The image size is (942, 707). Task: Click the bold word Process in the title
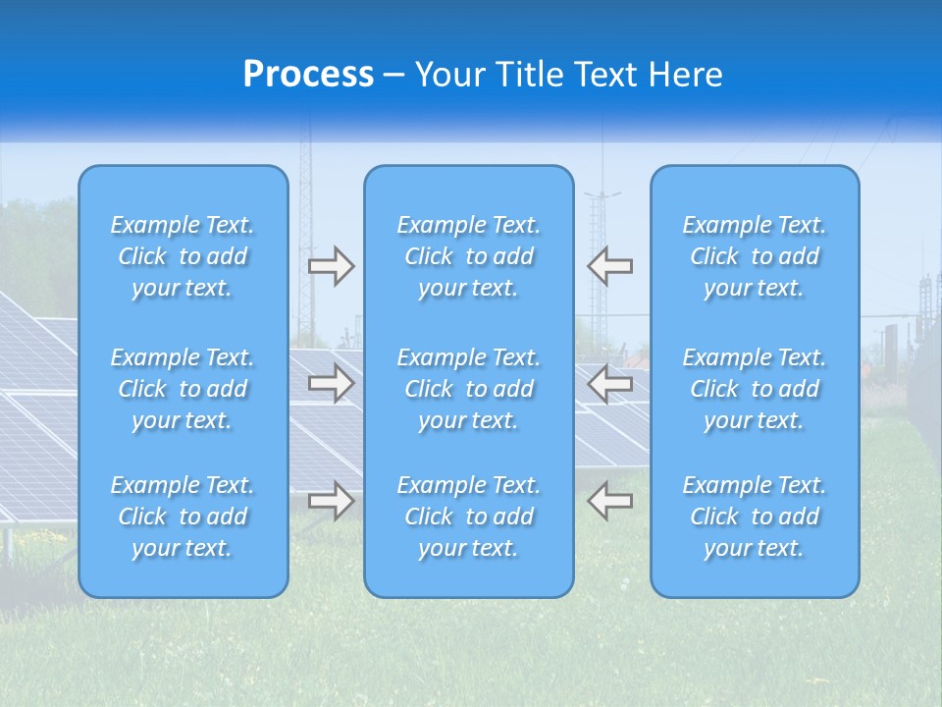coord(308,75)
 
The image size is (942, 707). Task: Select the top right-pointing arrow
coord(331,266)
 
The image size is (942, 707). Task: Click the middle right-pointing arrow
coord(331,384)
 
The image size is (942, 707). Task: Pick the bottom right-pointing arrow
coord(331,501)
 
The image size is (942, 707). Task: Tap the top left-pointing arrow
coord(609,266)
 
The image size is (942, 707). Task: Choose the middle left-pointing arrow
coord(609,384)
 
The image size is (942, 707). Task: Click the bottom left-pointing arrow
coord(609,501)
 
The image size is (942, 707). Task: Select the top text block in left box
coord(183,256)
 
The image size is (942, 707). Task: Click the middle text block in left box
coord(183,389)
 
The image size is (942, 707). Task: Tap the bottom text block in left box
coord(183,517)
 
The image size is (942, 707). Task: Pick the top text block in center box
coord(469,256)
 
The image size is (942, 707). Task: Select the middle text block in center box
coord(469,389)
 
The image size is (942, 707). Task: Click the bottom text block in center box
coord(469,517)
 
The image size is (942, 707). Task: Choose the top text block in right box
coord(755,256)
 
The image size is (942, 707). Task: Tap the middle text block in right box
coord(755,389)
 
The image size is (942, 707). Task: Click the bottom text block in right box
coord(755,517)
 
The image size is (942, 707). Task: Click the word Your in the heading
coord(451,75)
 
